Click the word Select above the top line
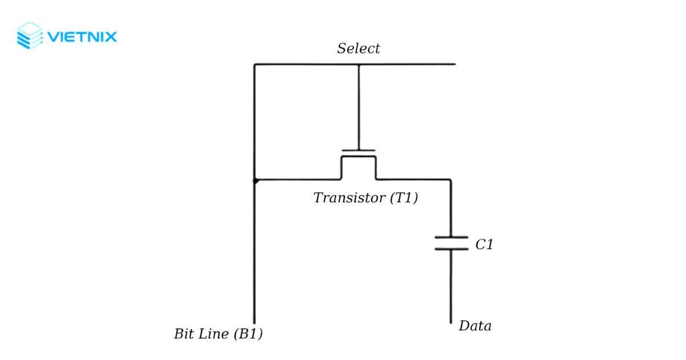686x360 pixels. click(358, 49)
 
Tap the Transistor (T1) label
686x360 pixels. click(366, 198)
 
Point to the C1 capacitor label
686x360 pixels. click(484, 245)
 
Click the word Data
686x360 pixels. click(475, 326)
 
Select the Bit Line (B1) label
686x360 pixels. click(218, 334)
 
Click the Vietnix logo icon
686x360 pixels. click(30, 35)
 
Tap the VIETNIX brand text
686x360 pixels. click(82, 38)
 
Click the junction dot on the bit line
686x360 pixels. click(256, 181)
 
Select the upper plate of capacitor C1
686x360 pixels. click(451, 237)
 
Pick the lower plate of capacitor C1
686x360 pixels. click(451, 249)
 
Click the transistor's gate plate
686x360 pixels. click(358, 151)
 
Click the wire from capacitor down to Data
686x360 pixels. click(451, 286)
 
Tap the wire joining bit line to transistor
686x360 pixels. click(297, 180)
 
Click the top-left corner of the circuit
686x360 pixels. click(254, 65)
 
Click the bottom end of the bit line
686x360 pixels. click(254, 322)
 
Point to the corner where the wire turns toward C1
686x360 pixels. click(450, 181)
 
